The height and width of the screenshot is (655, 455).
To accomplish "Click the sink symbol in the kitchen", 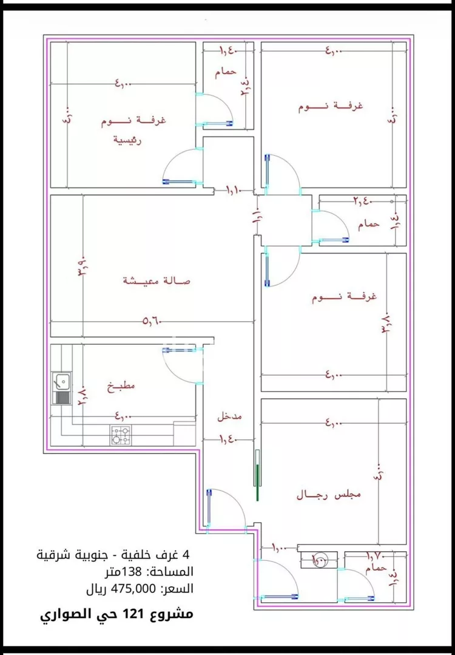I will [x=61, y=382].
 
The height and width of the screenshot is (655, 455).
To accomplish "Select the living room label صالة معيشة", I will [x=157, y=280].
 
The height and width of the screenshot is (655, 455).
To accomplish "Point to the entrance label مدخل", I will [x=230, y=417].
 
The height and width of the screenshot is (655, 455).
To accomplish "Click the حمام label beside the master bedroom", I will [x=225, y=72].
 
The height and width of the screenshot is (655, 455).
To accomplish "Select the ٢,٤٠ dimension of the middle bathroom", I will [x=363, y=200].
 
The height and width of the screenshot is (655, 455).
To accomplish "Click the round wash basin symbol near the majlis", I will [x=318, y=559].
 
